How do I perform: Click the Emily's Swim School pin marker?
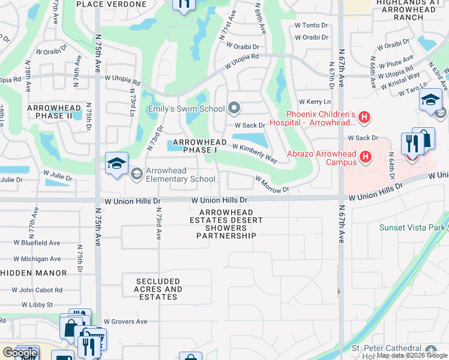coord(234,109)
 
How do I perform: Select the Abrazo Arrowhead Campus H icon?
coord(365,158)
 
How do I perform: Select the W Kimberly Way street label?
coord(254,154)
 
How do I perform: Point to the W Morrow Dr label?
coord(272,183)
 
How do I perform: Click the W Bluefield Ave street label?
coord(37,243)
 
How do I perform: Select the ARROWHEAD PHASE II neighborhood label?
coord(53,111)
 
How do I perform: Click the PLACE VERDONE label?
coord(112,4)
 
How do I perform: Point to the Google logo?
coord(20,353)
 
